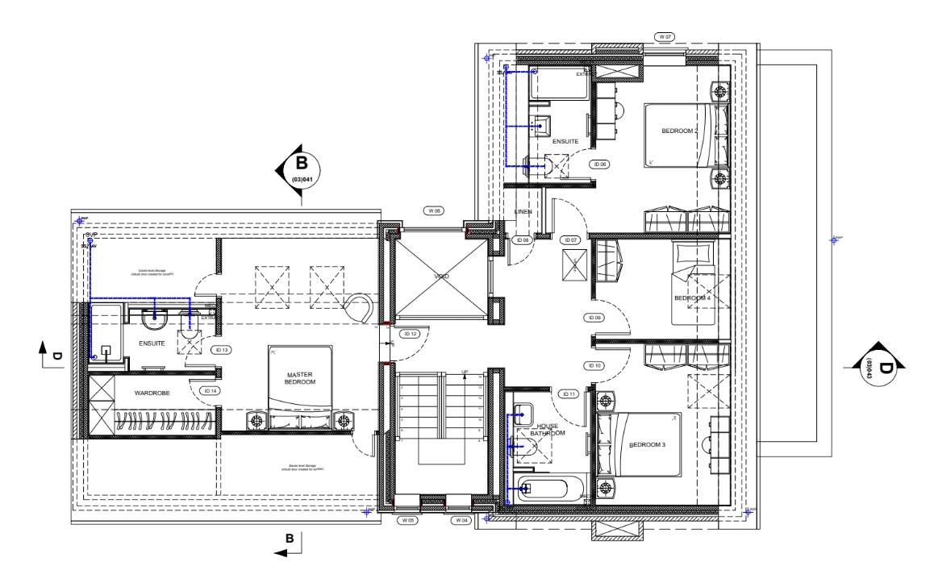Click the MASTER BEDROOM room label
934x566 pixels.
point(299,378)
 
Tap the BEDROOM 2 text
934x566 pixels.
point(679,131)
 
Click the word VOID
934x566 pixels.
point(440,277)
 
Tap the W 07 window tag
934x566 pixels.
point(665,37)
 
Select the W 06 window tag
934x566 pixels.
point(434,210)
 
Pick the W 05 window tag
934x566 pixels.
point(409,521)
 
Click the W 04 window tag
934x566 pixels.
point(461,521)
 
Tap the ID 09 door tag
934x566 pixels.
point(594,318)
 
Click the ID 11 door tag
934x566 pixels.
point(567,394)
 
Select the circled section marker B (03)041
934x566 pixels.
point(300,169)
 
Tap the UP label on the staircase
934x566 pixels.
point(464,372)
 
